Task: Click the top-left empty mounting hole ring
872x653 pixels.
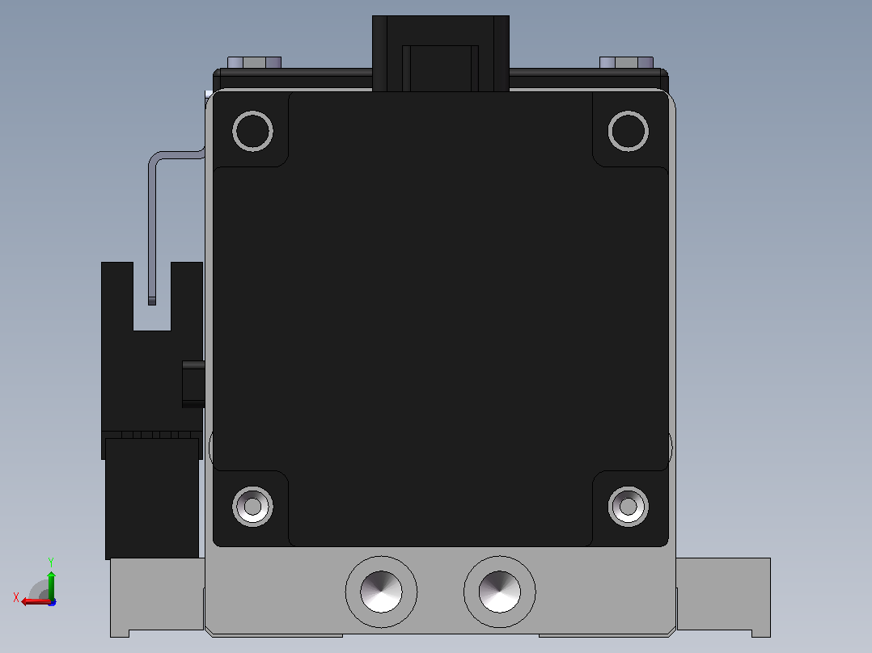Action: (252, 112)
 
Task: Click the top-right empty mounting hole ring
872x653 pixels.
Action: (629, 112)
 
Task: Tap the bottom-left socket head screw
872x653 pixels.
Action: (252, 506)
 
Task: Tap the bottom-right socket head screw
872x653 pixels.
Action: (629, 506)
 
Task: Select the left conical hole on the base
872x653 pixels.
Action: (381, 592)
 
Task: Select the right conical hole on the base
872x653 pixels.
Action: (499, 592)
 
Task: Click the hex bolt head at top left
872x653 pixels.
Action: (254, 62)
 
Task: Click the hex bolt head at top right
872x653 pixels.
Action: (626, 62)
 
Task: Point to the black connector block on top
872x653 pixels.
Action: (440, 53)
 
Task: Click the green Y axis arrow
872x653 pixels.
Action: (51, 584)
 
